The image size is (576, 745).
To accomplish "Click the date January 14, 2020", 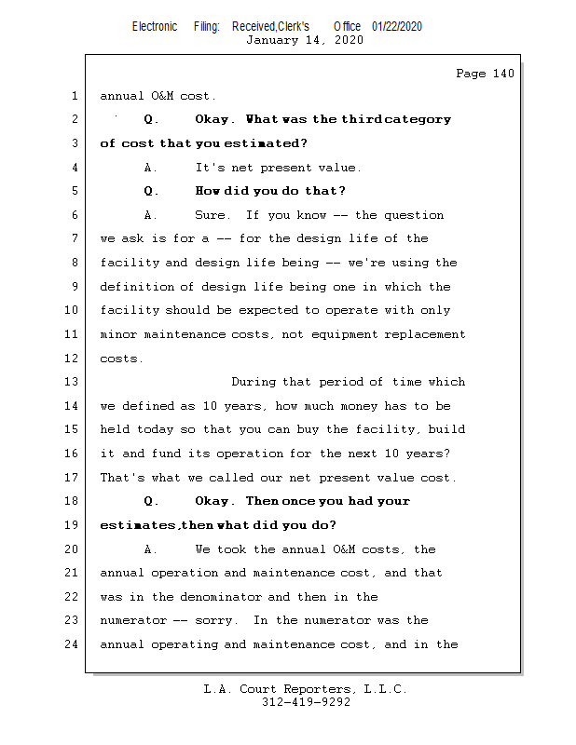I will [x=305, y=40].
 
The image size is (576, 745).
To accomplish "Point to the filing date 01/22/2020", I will [x=396, y=26].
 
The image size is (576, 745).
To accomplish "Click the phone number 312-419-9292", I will [x=306, y=703].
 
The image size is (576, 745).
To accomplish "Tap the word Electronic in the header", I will [x=155, y=26].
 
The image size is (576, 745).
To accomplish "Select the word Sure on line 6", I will [x=212, y=215].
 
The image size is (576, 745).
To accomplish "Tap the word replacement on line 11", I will [x=427, y=334].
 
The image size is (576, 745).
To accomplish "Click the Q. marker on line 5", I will [x=152, y=191].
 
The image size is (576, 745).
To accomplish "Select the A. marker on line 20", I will [x=152, y=549].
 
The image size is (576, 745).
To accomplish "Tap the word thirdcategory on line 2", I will [x=396, y=119].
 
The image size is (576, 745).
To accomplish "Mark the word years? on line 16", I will [x=428, y=454].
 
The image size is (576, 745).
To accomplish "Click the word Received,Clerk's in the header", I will [x=270, y=26].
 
